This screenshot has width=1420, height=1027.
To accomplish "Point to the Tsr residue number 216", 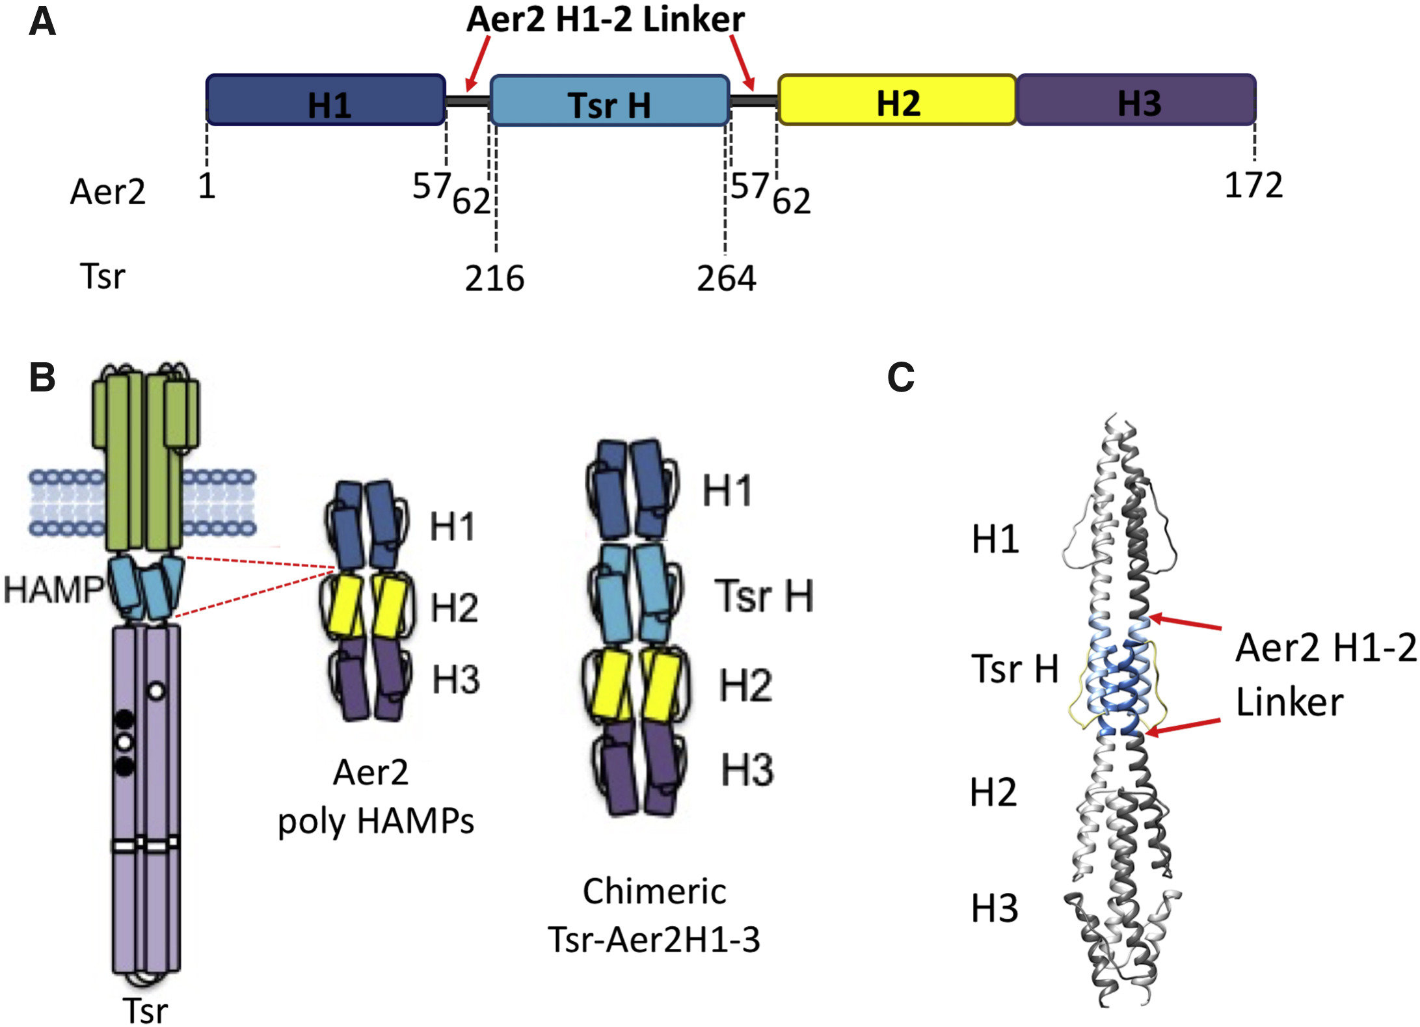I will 494,278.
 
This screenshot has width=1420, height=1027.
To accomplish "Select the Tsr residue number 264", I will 726,278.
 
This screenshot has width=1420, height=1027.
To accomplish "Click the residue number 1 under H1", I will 207,187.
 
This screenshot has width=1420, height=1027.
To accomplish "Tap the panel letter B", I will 42,377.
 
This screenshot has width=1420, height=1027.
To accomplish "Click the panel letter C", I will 901,377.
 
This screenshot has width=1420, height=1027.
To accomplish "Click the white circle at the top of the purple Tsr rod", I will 156,691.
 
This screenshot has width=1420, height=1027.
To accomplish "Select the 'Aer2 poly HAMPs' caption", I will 375,797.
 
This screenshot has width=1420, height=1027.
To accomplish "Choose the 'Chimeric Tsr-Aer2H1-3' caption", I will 654,915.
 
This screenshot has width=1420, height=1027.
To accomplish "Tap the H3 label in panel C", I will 994,909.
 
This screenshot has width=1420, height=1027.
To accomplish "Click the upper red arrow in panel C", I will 1185,622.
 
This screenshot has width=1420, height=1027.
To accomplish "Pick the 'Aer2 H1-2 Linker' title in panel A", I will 606,20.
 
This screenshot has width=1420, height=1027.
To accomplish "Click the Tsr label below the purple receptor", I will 145,1011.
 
